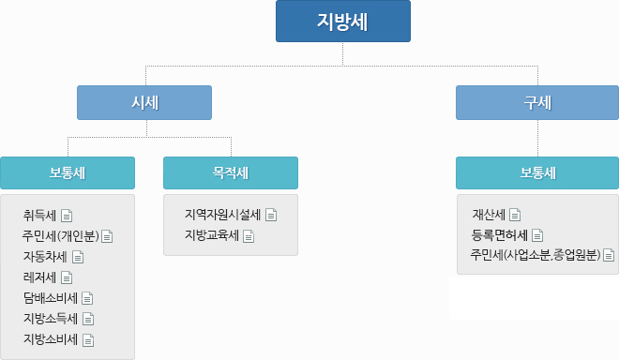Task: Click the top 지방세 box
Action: click(x=342, y=22)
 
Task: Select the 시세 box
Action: click(x=143, y=102)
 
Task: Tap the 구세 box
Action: click(x=537, y=102)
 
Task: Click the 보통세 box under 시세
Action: click(x=68, y=172)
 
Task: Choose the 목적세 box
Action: click(x=230, y=172)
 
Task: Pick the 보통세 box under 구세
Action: click(x=537, y=172)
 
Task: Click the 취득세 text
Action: click(x=40, y=216)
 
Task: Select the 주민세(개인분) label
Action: click(x=61, y=235)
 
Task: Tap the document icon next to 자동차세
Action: click(x=78, y=256)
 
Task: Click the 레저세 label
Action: click(x=40, y=277)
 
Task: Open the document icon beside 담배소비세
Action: click(x=87, y=298)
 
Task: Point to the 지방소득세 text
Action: click(x=51, y=319)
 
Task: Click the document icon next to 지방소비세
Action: click(x=89, y=339)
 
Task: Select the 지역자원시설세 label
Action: click(x=223, y=214)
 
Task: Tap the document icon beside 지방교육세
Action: click(x=249, y=235)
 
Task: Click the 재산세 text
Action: click(x=489, y=215)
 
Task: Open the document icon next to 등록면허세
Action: click(x=537, y=235)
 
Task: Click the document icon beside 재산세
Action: click(x=514, y=215)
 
